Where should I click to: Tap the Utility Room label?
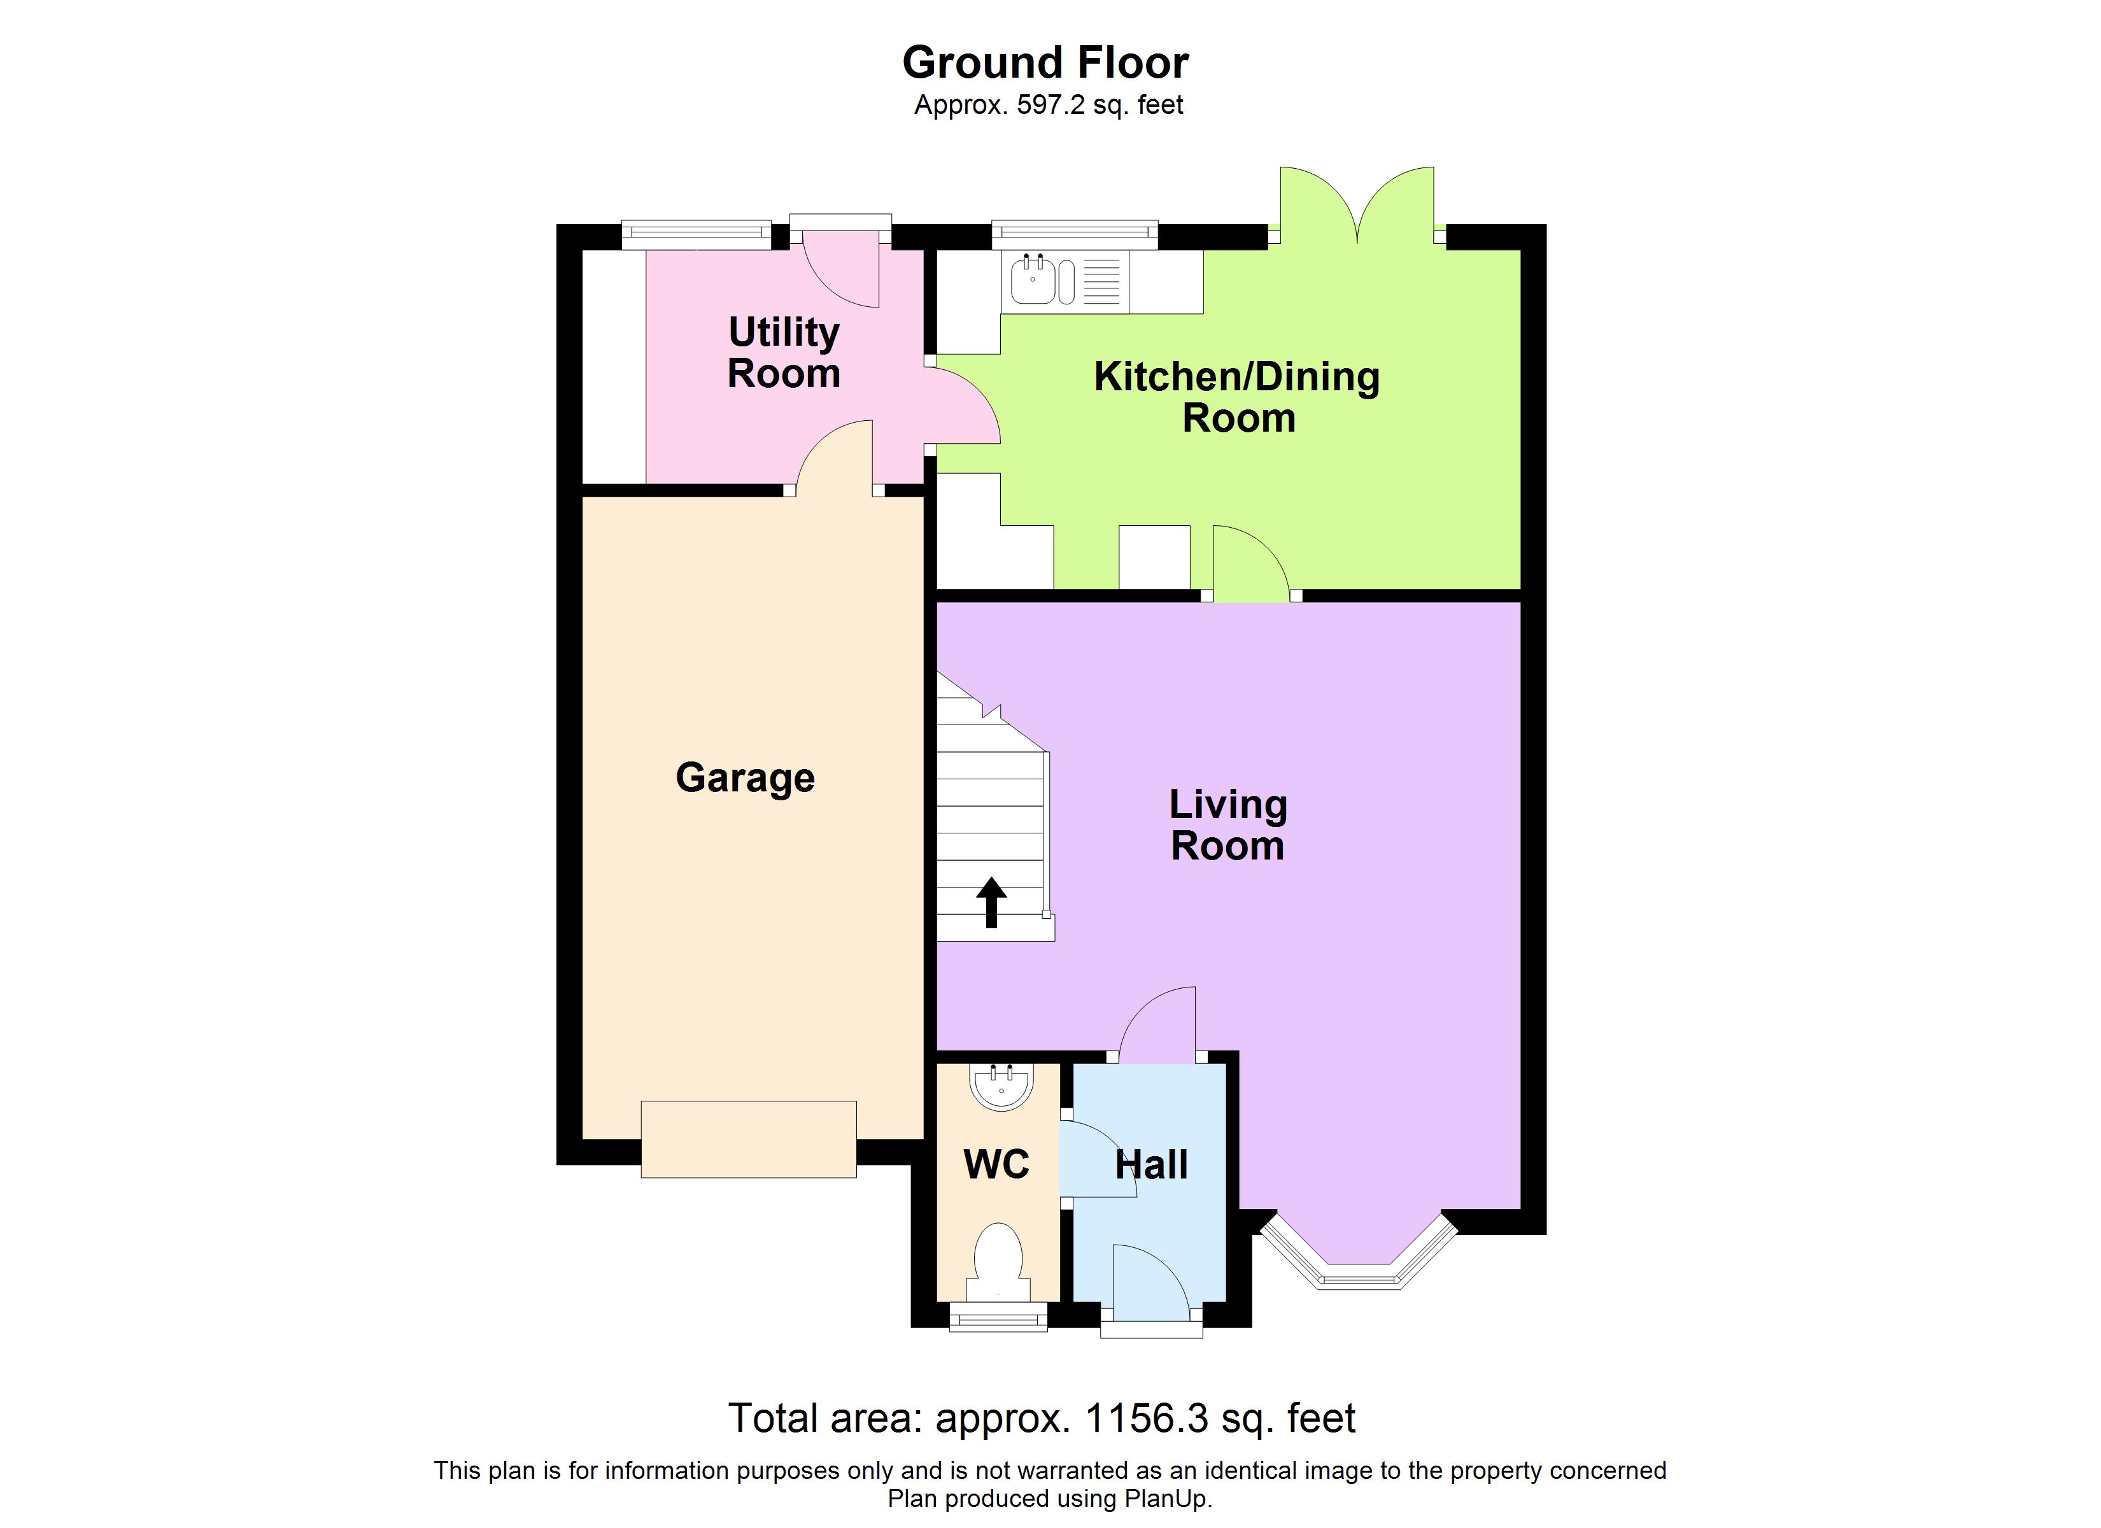(x=784, y=353)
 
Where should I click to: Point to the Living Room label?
(x=1227, y=824)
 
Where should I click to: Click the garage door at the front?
(x=749, y=1139)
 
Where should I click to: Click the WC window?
(x=999, y=1318)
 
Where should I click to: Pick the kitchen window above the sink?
(x=1075, y=234)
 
